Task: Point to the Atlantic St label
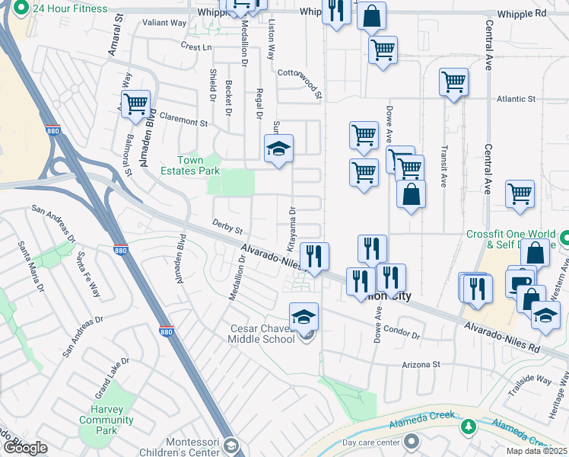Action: tap(517, 99)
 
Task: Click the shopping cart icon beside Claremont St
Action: tap(135, 104)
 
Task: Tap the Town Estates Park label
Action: tap(190, 166)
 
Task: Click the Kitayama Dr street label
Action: tap(291, 228)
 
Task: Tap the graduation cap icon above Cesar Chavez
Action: tap(304, 315)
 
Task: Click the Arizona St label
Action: tap(426, 364)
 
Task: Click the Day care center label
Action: tap(371, 442)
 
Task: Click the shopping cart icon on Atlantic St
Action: tap(453, 81)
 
